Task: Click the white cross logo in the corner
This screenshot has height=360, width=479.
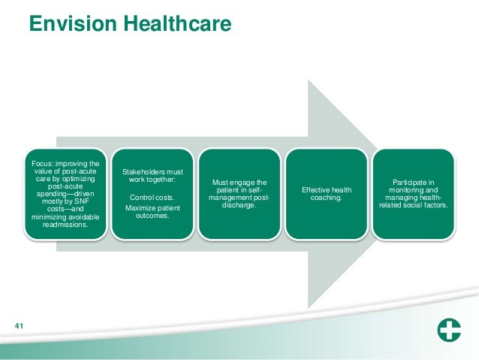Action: click(450, 331)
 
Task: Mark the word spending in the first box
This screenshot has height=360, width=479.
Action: click(51, 193)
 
